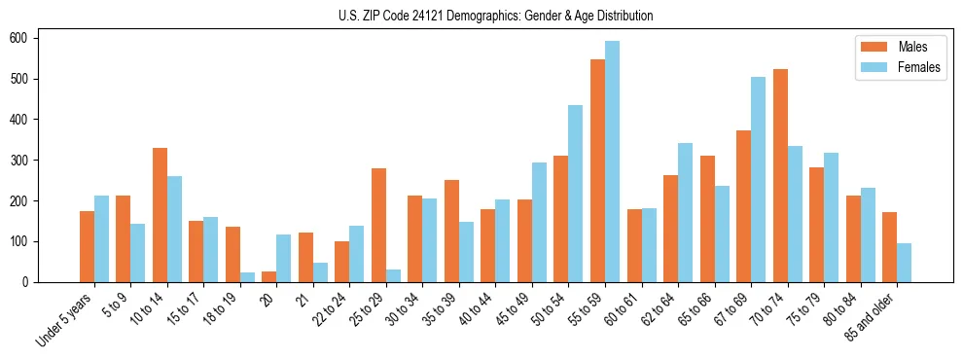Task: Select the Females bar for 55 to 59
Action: (x=612, y=162)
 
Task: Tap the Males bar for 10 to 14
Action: (x=160, y=215)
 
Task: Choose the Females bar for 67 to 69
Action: (x=758, y=180)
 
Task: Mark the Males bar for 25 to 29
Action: (x=378, y=226)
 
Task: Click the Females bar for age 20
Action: (x=284, y=259)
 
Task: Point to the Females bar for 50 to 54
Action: (x=576, y=194)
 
